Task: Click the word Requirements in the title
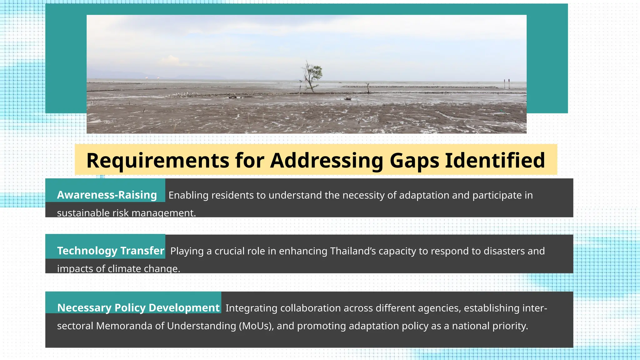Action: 158,161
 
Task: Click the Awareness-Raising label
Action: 107,195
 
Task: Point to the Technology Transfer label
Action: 111,251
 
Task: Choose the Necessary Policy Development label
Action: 138,308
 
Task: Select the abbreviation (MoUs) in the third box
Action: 256,326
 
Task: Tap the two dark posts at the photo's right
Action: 506,84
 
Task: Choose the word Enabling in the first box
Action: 188,195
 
